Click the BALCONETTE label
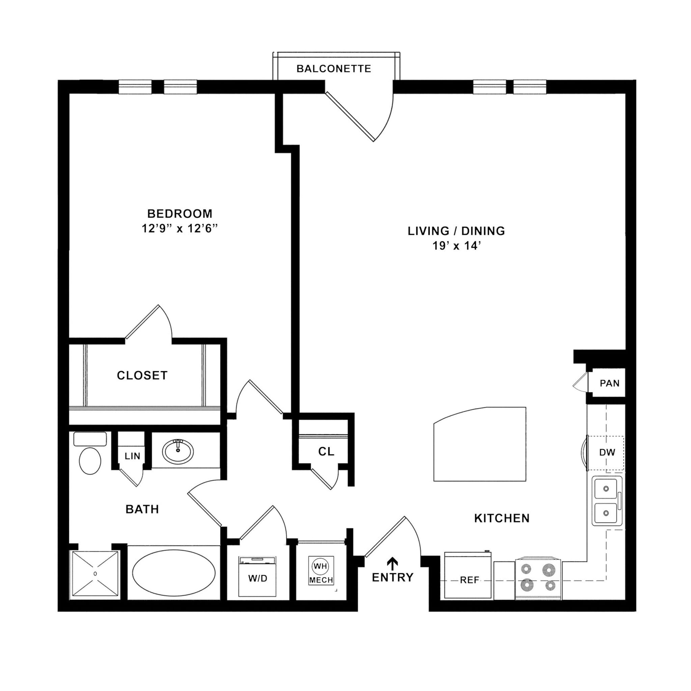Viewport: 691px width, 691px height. tap(333, 69)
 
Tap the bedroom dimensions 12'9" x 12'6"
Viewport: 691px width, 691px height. tap(179, 228)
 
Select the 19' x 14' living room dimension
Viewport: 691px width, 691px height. tap(456, 246)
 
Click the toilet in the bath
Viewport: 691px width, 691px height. tap(90, 460)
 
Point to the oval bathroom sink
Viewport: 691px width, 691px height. tap(178, 451)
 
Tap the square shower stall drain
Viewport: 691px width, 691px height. tap(95, 573)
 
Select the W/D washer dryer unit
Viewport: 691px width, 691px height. tap(257, 578)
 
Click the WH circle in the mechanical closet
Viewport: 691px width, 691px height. tap(320, 566)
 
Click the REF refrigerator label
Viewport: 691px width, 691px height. tap(469, 580)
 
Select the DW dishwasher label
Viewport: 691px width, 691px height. tap(607, 452)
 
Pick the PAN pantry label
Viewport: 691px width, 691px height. tap(609, 383)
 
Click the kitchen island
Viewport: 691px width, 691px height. tap(479, 445)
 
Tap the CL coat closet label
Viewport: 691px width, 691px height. tap(326, 452)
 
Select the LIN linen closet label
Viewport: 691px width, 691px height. tap(132, 457)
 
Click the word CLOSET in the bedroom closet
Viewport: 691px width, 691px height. tap(142, 375)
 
